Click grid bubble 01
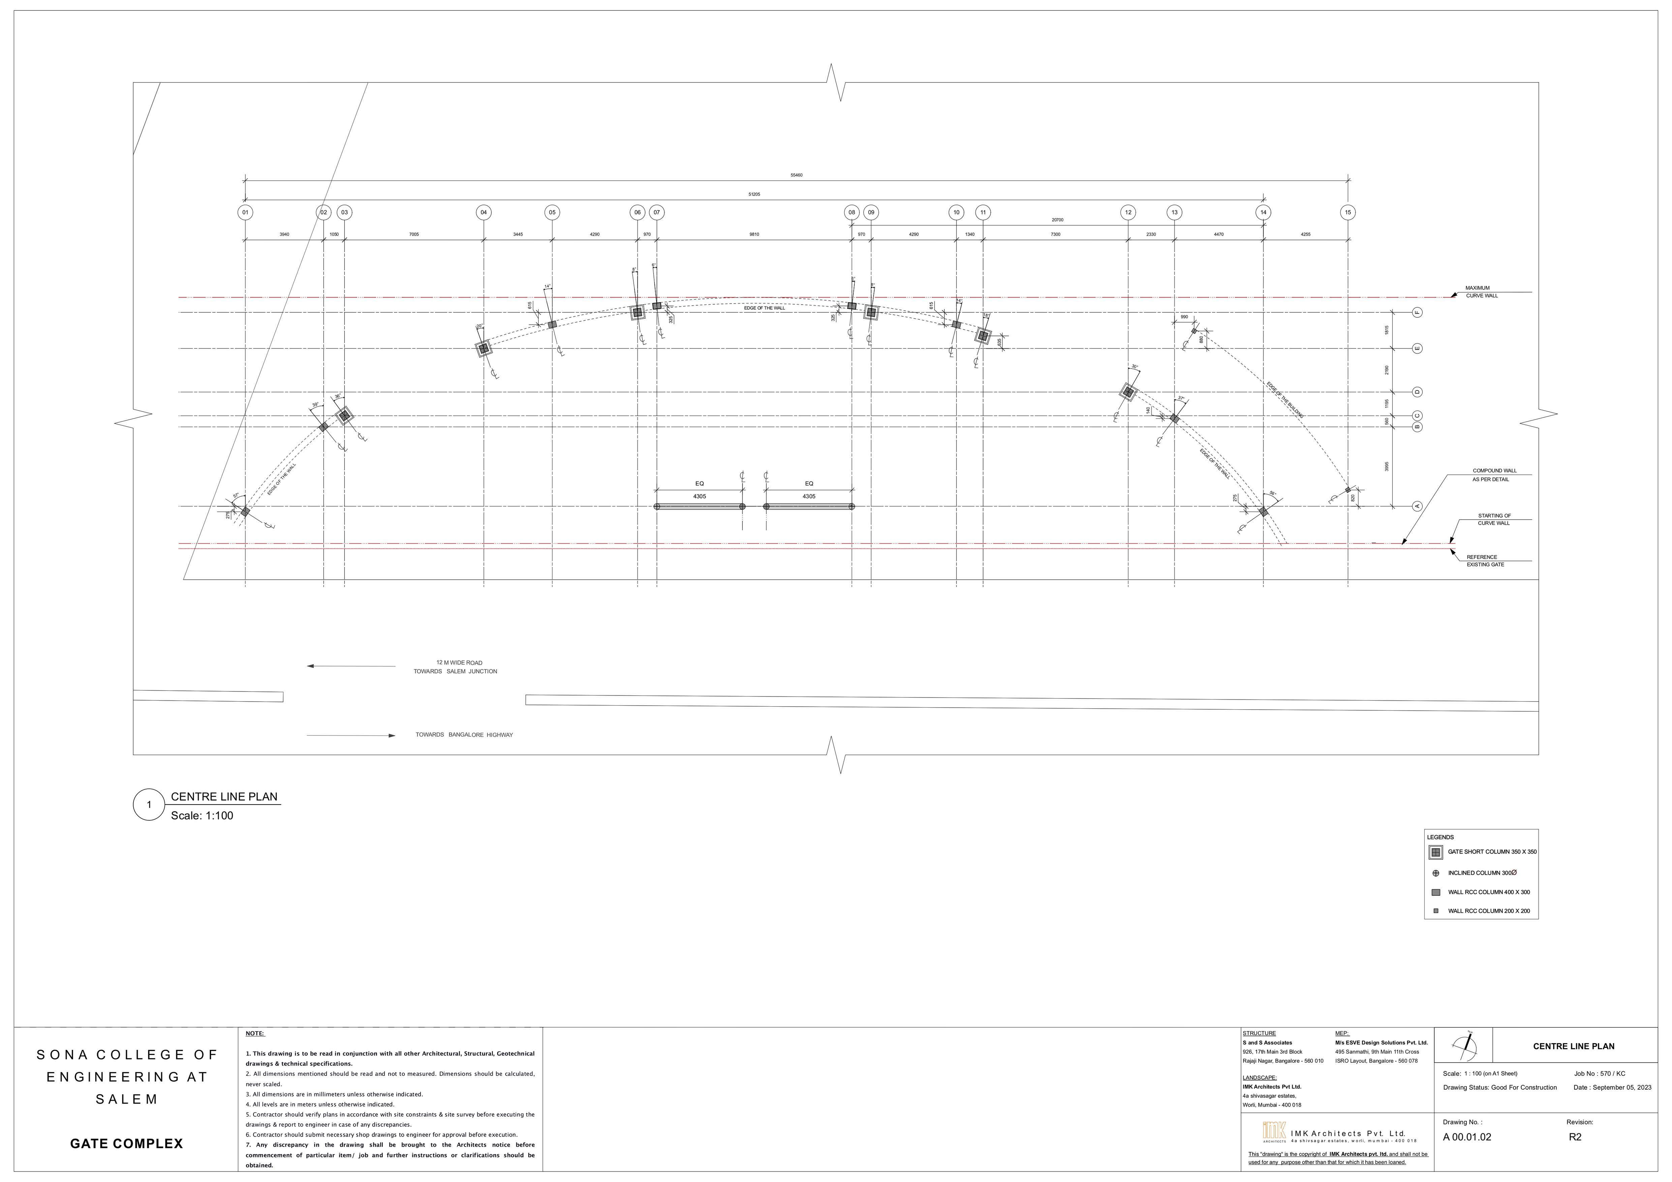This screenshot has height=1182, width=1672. coord(245,213)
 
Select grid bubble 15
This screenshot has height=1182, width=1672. coord(1348,213)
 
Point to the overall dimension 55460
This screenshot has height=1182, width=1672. coord(796,176)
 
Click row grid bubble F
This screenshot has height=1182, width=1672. coord(1417,312)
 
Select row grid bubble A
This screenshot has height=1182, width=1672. coord(1417,506)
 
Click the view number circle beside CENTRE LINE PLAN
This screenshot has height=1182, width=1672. coord(149,805)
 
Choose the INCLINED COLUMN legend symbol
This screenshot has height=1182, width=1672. coord(1435,873)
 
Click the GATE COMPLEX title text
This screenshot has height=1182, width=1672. coord(127,1144)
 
